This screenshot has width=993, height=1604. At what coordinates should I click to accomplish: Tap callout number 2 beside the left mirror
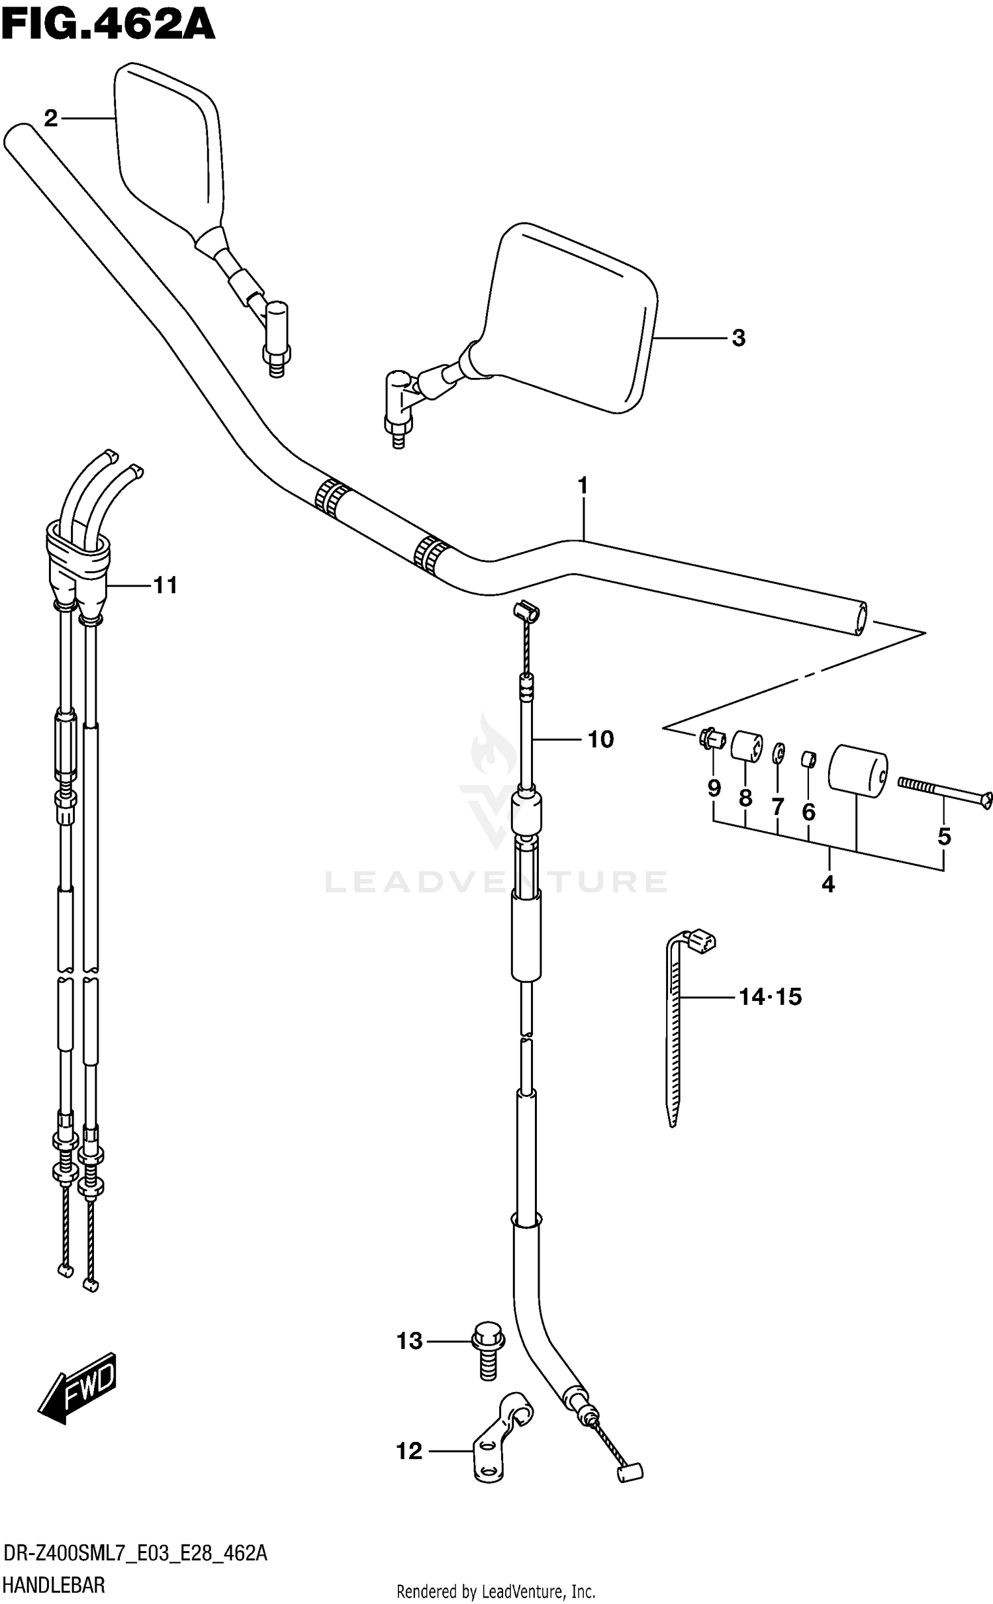[x=51, y=119]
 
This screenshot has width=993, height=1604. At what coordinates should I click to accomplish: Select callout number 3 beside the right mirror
[x=738, y=338]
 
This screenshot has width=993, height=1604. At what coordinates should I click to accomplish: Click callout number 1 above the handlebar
[x=583, y=486]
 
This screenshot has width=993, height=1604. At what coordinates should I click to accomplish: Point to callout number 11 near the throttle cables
[x=165, y=585]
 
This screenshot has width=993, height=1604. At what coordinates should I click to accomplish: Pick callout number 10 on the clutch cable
[x=600, y=739]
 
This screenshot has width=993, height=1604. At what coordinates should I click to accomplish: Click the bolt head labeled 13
[x=488, y=1339]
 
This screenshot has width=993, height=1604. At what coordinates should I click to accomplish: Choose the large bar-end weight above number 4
[x=857, y=769]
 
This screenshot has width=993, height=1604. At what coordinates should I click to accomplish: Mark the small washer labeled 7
[x=779, y=753]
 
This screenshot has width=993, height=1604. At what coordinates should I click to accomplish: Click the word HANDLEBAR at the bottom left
[x=54, y=1585]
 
